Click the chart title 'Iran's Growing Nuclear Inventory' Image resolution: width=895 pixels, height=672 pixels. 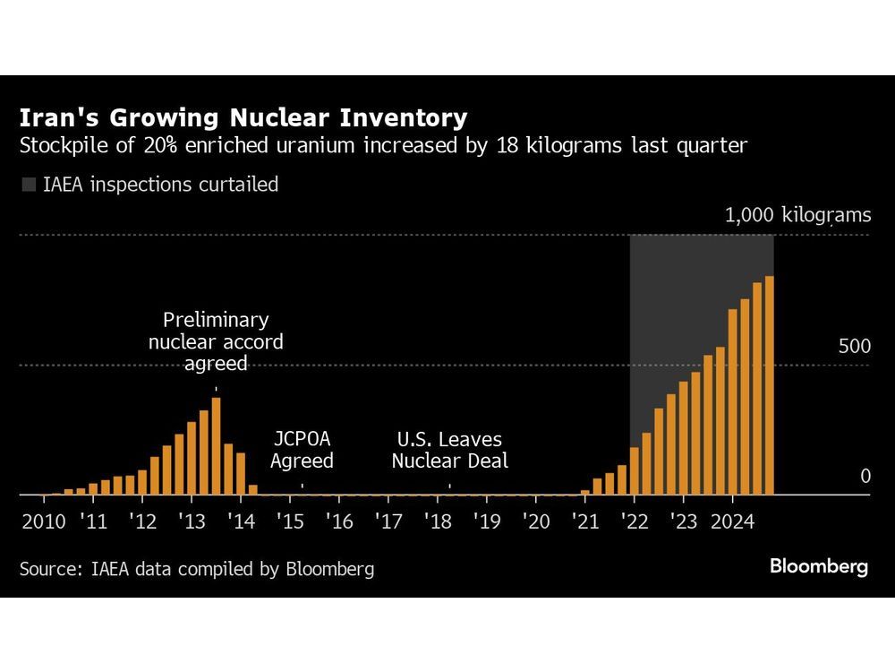coord(243,118)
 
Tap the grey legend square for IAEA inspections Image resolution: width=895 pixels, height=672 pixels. coord(29,185)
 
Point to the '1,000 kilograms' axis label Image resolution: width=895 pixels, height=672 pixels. coord(797,215)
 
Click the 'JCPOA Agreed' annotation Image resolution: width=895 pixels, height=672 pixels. coord(302,451)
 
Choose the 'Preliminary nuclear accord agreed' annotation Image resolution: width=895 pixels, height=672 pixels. coord(216,341)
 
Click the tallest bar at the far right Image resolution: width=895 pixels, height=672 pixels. coord(769,385)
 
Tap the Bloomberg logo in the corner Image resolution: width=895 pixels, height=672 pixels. coord(818,567)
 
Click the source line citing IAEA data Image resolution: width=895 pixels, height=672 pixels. coord(196,568)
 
